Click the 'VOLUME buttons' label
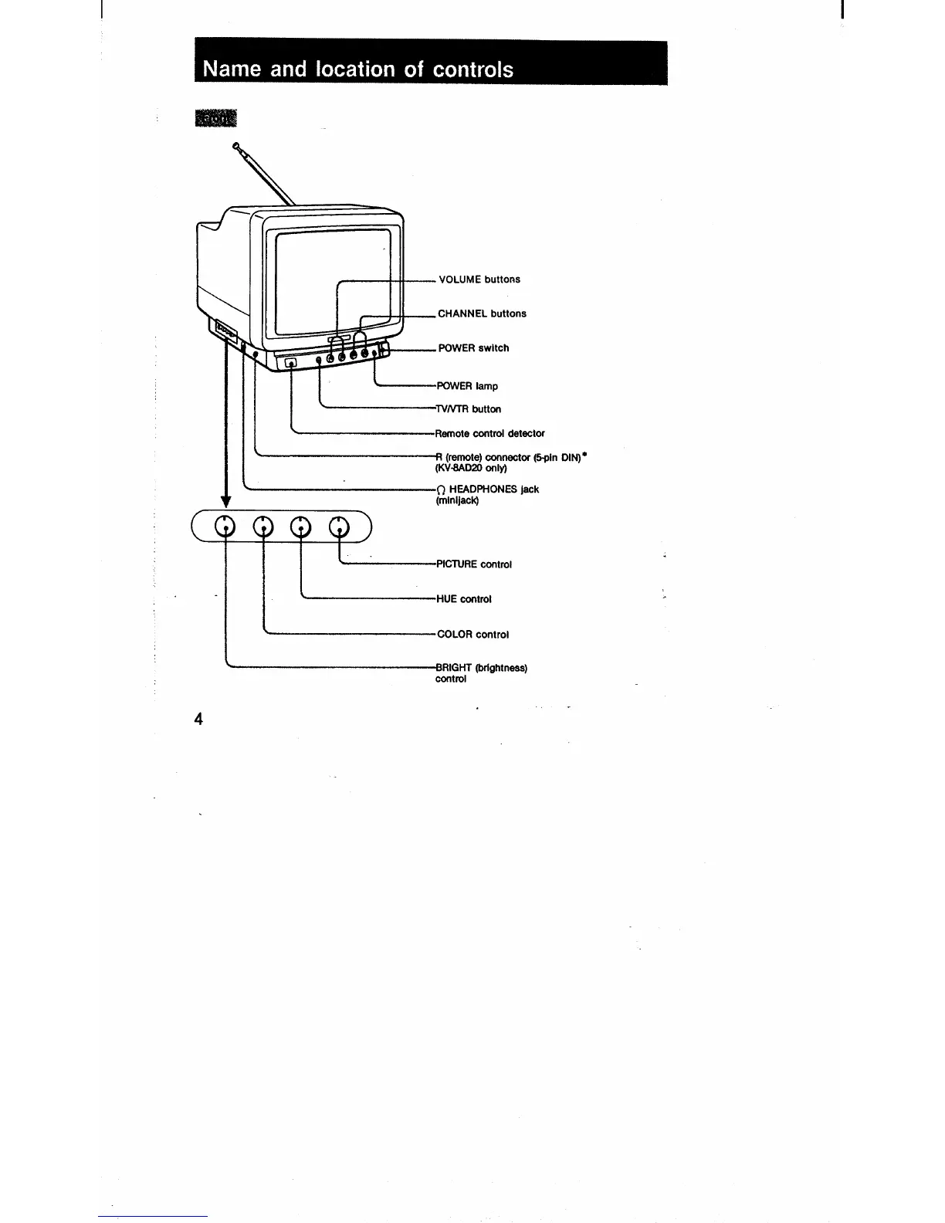pos(479,279)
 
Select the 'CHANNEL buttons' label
pos(482,313)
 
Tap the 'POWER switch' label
pos(473,348)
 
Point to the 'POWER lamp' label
pos(467,386)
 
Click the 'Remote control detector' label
pos(489,433)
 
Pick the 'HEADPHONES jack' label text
pos(493,490)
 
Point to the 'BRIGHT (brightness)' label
pos(481,668)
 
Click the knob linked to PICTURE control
pos(339,527)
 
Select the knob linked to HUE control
pos(300,527)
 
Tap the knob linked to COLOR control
pos(264,527)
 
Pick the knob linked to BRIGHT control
pos(225,527)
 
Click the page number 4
pos(198,720)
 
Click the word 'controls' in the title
pos(472,69)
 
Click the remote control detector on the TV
pos(291,364)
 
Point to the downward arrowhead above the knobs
pos(225,503)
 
